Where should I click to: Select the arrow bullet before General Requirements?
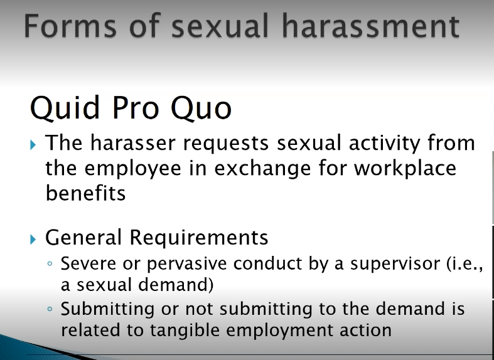(34, 238)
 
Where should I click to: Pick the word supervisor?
(387, 264)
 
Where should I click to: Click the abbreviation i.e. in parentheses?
(463, 263)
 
